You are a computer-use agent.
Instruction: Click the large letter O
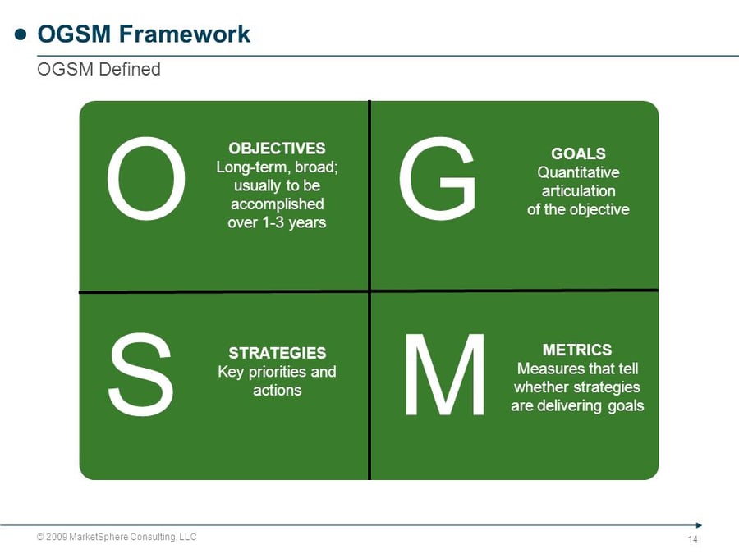click(x=145, y=181)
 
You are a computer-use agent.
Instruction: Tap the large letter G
click(x=436, y=179)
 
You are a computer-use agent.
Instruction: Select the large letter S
click(x=140, y=375)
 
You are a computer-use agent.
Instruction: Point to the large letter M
click(x=444, y=375)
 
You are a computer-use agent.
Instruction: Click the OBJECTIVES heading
click(x=277, y=149)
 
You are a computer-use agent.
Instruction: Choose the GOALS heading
click(x=578, y=153)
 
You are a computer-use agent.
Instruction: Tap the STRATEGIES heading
click(x=277, y=353)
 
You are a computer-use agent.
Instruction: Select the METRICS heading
click(x=577, y=350)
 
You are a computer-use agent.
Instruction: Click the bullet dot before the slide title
click(x=21, y=34)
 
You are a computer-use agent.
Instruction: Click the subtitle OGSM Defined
click(x=99, y=70)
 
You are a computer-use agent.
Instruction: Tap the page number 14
click(x=692, y=539)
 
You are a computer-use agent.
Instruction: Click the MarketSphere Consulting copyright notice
click(x=117, y=537)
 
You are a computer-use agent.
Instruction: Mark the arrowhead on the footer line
click(x=698, y=524)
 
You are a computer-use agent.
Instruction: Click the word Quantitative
click(x=578, y=172)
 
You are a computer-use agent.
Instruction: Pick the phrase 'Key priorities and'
click(x=277, y=372)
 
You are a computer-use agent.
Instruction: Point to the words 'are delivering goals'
click(x=577, y=405)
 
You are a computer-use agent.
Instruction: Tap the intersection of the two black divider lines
click(x=369, y=291)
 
